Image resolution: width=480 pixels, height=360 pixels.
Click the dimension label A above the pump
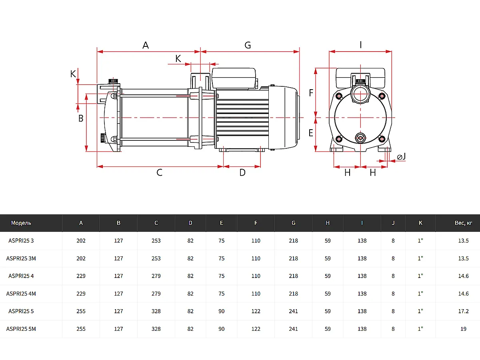pyautogui.click(x=146, y=45)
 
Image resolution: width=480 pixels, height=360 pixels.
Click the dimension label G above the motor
pyautogui.click(x=248, y=45)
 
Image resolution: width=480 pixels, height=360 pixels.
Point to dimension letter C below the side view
pyautogui.click(x=159, y=173)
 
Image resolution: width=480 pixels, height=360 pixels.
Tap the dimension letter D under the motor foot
pyautogui.click(x=242, y=173)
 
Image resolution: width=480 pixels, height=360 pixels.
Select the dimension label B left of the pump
pyautogui.click(x=80, y=118)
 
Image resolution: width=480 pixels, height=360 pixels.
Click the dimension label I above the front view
pyautogui.click(x=361, y=45)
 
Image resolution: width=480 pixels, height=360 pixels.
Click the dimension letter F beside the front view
pyautogui.click(x=311, y=93)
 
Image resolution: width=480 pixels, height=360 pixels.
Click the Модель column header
pyautogui.click(x=21, y=223)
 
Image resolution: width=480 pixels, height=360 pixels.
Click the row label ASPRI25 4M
pyautogui.click(x=21, y=294)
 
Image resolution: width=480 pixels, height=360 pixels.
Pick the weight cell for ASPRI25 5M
pyautogui.click(x=463, y=329)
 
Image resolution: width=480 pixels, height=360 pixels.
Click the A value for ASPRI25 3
pyautogui.click(x=81, y=241)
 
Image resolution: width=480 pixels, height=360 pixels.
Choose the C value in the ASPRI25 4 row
pyautogui.click(x=156, y=276)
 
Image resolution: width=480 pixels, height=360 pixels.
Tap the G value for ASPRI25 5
pyautogui.click(x=293, y=311)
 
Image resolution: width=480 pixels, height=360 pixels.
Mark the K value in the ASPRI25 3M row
pyautogui.click(x=420, y=258)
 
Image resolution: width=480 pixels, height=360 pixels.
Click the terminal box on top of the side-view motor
pyautogui.click(x=234, y=78)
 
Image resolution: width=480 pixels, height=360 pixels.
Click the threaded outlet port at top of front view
pyautogui.click(x=360, y=93)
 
